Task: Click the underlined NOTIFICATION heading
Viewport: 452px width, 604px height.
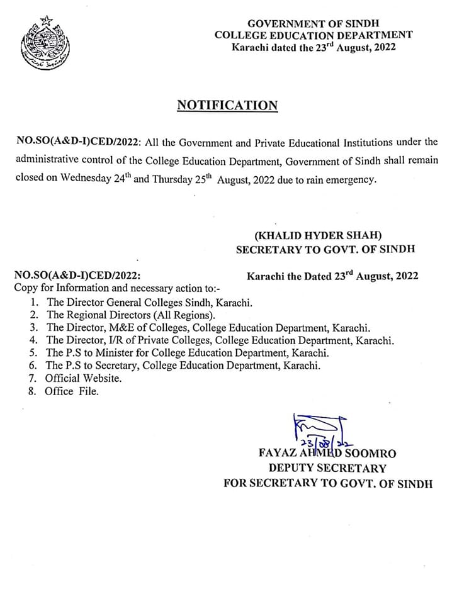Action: [227, 105]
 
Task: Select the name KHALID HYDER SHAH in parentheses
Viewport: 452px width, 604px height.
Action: [325, 235]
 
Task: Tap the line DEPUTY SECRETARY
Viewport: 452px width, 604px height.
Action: [327, 468]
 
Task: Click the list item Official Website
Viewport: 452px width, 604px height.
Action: [83, 379]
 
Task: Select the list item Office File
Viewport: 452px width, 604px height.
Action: [72, 391]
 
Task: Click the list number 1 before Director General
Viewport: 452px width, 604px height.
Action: [33, 302]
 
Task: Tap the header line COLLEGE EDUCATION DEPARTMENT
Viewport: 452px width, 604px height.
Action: [314, 35]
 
